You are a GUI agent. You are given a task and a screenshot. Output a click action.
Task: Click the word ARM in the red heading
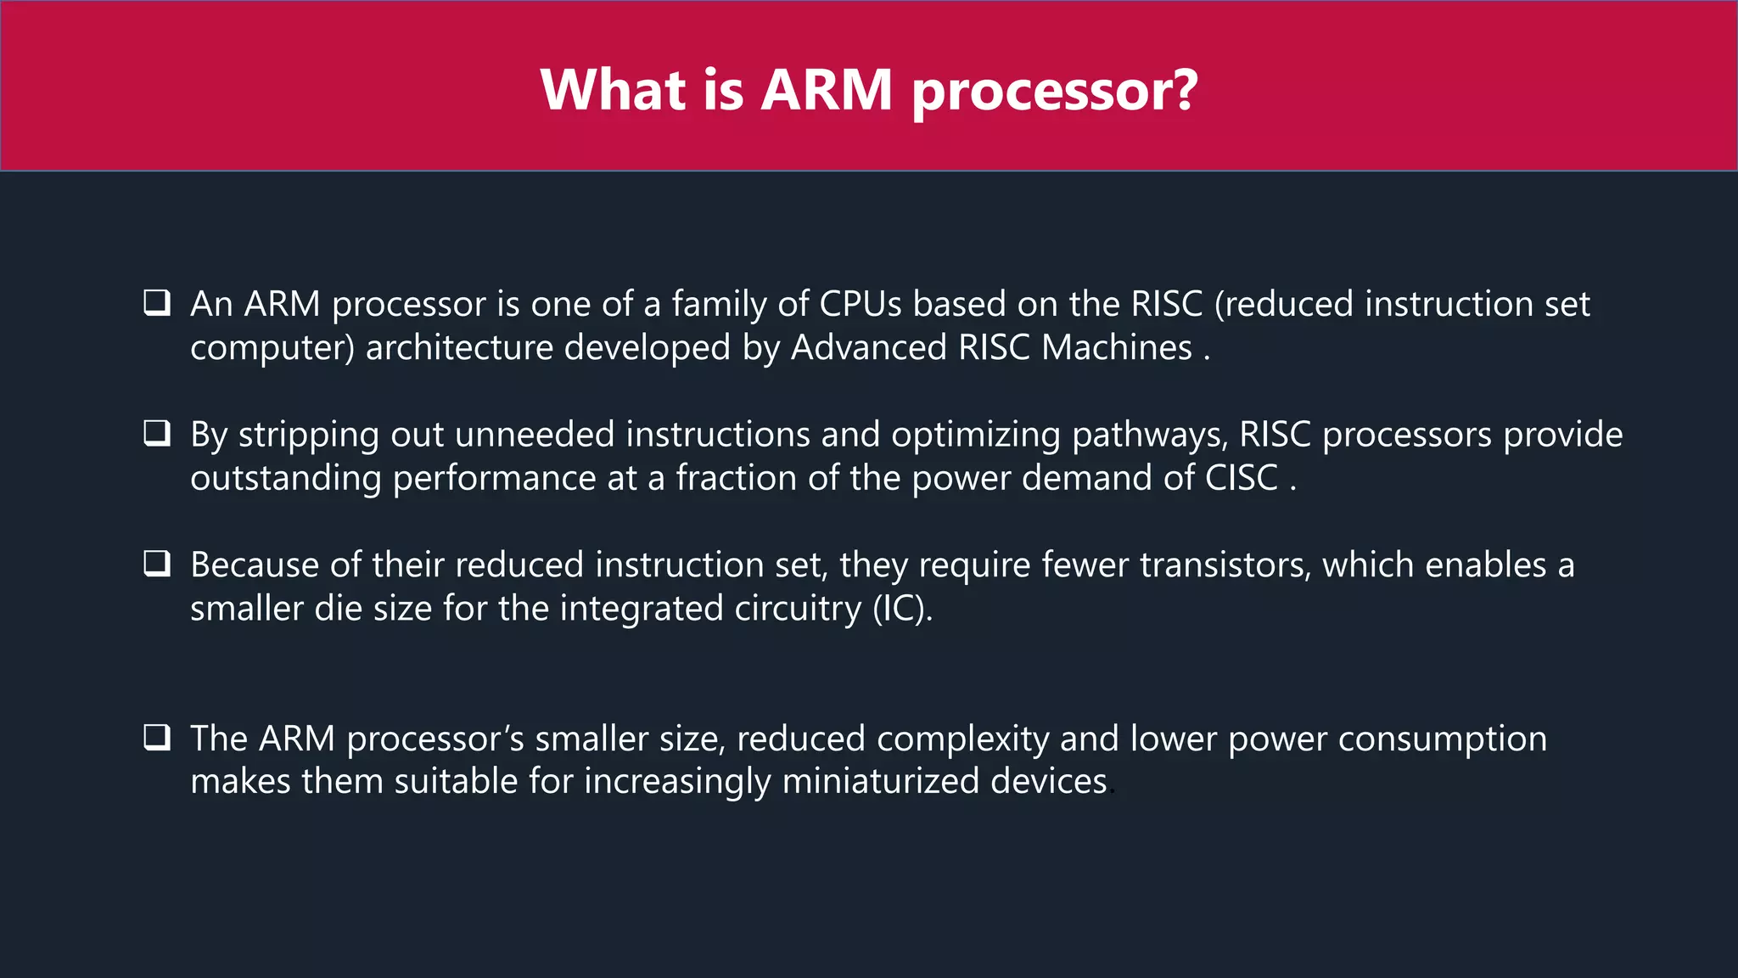point(826,89)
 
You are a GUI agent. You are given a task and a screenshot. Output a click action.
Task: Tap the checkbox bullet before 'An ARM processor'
point(157,303)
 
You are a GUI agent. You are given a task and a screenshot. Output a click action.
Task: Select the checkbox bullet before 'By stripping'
point(157,434)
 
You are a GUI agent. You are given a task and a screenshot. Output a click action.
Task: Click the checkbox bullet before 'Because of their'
point(157,564)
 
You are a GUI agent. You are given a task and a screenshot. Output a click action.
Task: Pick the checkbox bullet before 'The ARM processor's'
point(157,737)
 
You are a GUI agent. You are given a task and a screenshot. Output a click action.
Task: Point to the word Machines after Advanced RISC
point(1117,348)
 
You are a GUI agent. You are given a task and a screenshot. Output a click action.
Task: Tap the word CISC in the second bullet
point(1242,478)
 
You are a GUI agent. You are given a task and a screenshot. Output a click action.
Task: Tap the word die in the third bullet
point(339,609)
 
